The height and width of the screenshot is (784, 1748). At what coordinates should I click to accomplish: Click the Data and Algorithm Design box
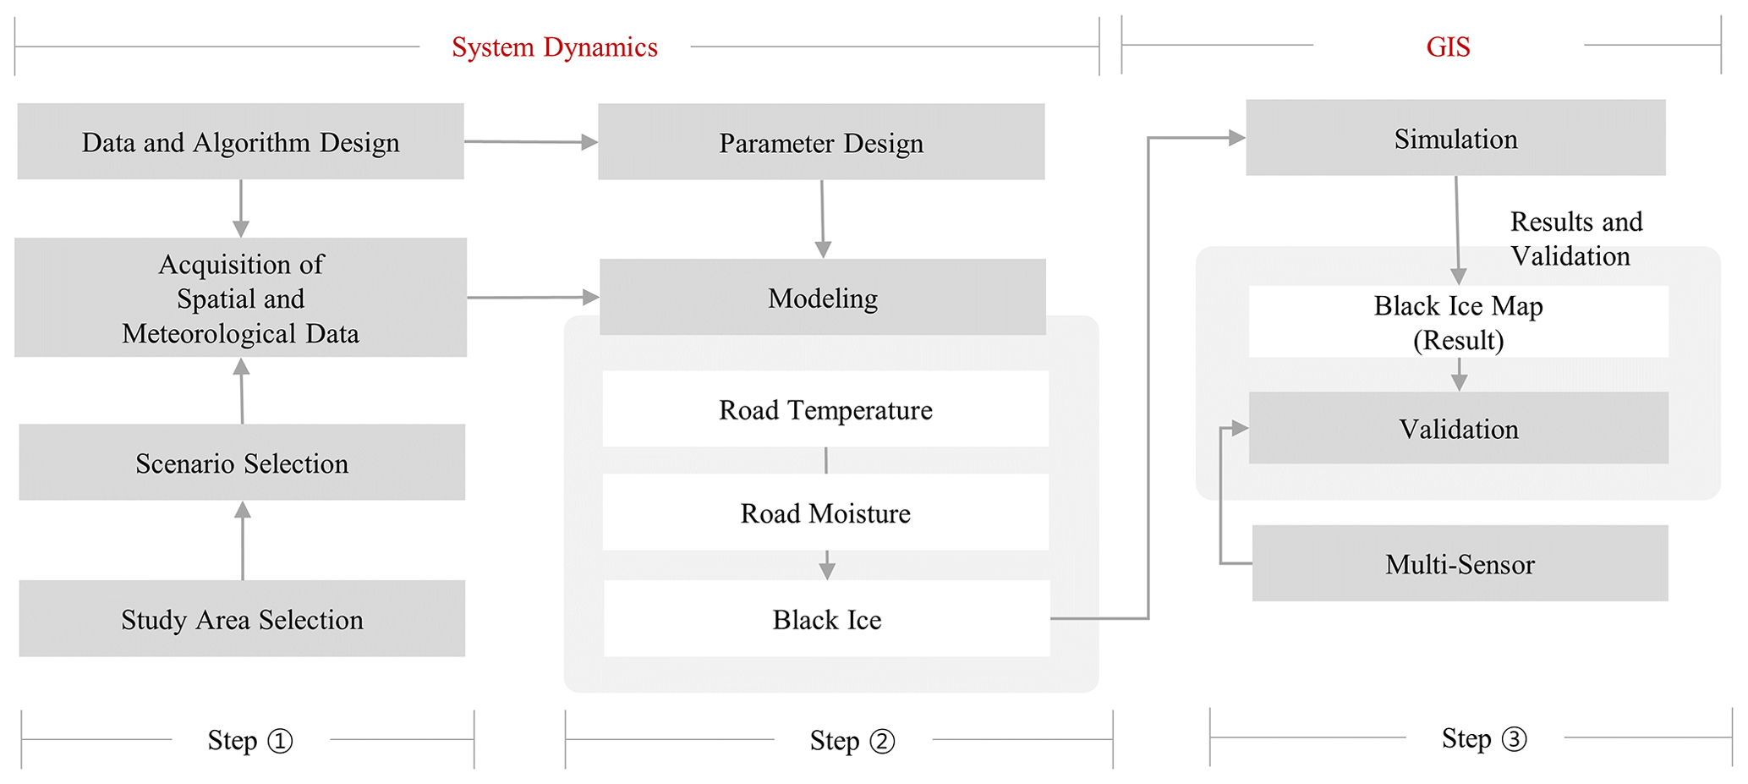240,141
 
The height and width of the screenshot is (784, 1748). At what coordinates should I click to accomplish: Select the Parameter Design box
821,142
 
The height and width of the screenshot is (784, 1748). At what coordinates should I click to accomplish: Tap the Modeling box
822,297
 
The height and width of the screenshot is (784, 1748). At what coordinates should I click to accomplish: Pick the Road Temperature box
825,409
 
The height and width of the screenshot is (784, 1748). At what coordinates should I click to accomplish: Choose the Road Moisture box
825,513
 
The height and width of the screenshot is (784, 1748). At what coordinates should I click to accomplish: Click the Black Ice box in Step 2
826,619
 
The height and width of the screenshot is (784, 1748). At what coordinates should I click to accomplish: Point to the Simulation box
1455,138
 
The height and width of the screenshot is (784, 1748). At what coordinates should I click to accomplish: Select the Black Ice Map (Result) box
1458,322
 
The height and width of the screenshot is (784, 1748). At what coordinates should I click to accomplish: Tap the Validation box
1458,428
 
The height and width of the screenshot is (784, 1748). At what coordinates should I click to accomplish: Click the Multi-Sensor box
1460,563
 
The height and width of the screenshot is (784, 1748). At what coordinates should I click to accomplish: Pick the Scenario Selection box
242,463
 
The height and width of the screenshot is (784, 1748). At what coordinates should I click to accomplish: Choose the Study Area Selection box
242,619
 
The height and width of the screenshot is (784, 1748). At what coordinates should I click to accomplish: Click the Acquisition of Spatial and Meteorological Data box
240,298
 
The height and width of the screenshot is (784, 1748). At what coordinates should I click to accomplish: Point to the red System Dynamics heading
554,47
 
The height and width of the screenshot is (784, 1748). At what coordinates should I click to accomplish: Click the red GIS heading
1448,47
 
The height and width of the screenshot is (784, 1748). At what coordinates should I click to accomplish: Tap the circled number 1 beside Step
280,741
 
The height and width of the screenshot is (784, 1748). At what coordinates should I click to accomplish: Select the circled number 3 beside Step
1514,739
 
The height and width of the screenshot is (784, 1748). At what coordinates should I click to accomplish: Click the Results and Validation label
1575,238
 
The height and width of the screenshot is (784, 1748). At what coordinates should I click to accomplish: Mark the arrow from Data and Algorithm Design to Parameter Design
531,142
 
